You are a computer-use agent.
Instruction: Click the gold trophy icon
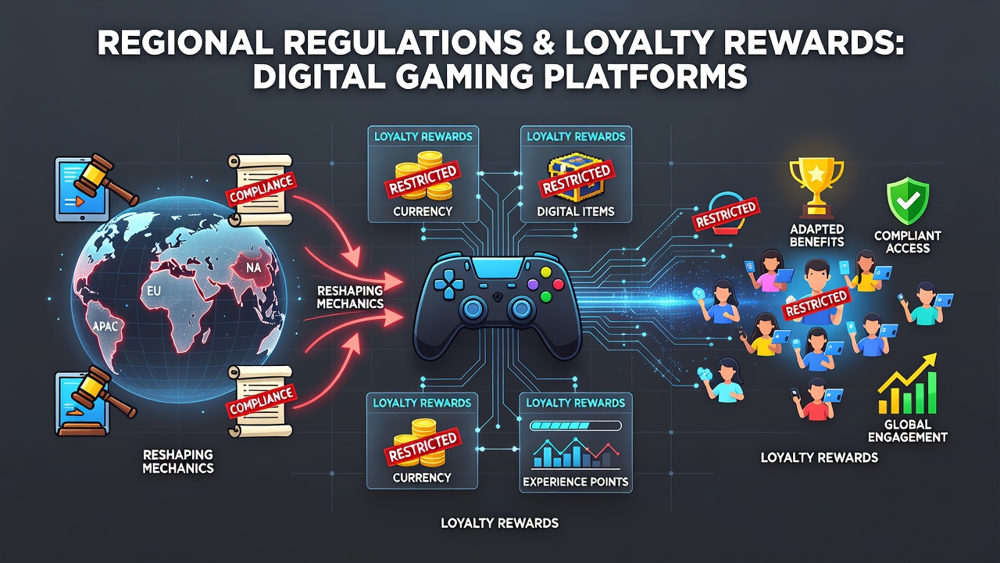[x=816, y=188]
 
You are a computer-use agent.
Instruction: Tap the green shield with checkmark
[x=908, y=201]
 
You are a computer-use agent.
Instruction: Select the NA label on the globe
[x=253, y=268]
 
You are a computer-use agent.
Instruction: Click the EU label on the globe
[x=153, y=292]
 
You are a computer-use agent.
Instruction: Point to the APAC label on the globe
[x=105, y=326]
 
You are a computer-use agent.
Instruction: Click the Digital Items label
[x=576, y=211]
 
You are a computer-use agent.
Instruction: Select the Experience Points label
[x=576, y=482]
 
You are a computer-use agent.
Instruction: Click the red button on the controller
[x=558, y=284]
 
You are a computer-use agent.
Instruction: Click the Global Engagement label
[x=908, y=430]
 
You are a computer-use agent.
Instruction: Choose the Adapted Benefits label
[x=816, y=235]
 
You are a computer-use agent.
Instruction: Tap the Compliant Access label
[x=908, y=242]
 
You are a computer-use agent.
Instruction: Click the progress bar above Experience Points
[x=576, y=426]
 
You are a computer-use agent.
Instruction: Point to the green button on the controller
[x=545, y=296]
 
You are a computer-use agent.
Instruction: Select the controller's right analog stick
[x=520, y=308]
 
